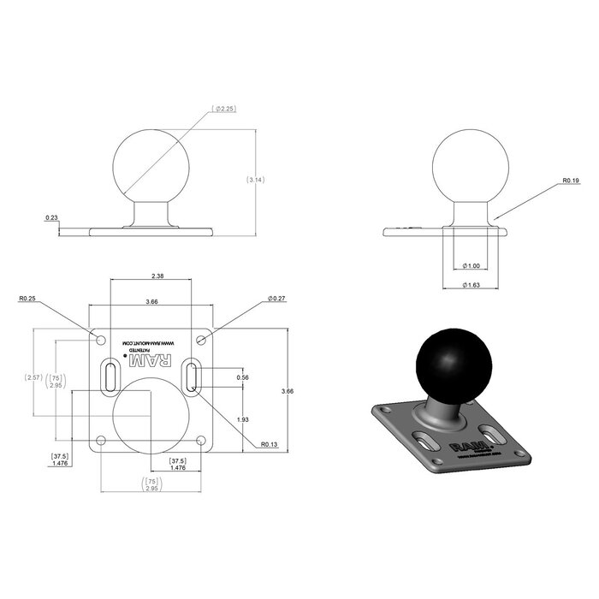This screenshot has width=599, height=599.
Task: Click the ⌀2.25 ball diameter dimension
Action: pyautogui.click(x=227, y=109)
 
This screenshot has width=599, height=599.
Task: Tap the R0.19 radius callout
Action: pyautogui.click(x=572, y=181)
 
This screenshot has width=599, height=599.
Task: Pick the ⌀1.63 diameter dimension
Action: pyautogui.click(x=470, y=284)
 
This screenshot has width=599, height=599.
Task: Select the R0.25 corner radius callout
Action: pyautogui.click(x=27, y=299)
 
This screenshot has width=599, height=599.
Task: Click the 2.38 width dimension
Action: pyautogui.click(x=157, y=276)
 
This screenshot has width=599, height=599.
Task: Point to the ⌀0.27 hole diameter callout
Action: pyautogui.click(x=276, y=299)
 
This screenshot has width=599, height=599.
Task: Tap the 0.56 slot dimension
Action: pyautogui.click(x=242, y=377)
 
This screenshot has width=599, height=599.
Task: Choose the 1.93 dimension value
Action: pyautogui.click(x=242, y=419)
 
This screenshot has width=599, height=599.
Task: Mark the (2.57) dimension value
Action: pyautogui.click(x=33, y=377)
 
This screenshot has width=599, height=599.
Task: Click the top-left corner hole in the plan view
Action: pyautogui.click(x=102, y=341)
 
